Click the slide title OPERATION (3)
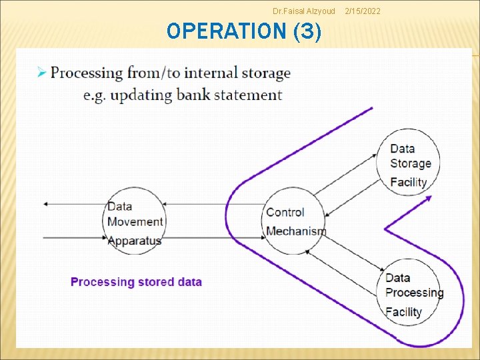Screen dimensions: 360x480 coord(244,31)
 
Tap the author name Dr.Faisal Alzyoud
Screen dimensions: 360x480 coord(304,11)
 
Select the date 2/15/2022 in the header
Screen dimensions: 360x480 coord(363,11)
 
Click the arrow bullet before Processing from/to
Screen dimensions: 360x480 coord(41,73)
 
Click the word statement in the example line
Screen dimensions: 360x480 coord(247,95)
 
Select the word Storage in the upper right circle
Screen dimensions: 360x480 coord(411,163)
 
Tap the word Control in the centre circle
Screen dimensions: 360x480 coord(285,213)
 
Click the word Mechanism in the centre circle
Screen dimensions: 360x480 coord(296,231)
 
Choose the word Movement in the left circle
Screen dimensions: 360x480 coord(135,222)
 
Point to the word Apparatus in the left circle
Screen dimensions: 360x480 coord(134,240)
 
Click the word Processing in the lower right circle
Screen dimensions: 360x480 coord(414,293)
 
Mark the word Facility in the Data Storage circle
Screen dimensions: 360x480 coord(408,181)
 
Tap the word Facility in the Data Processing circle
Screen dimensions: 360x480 coord(403,311)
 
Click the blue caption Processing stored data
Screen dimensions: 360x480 coord(136,282)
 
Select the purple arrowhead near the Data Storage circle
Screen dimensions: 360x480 coord(429,198)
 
